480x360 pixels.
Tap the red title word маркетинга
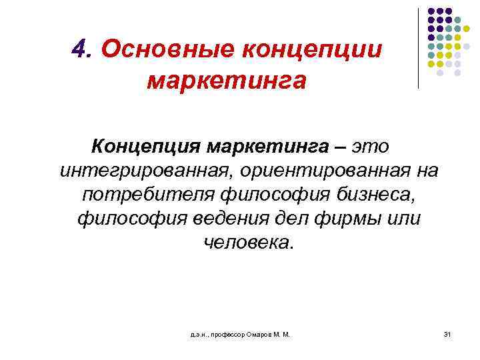click(227, 81)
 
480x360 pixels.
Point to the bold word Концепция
click(144, 145)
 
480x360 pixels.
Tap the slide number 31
click(447, 333)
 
